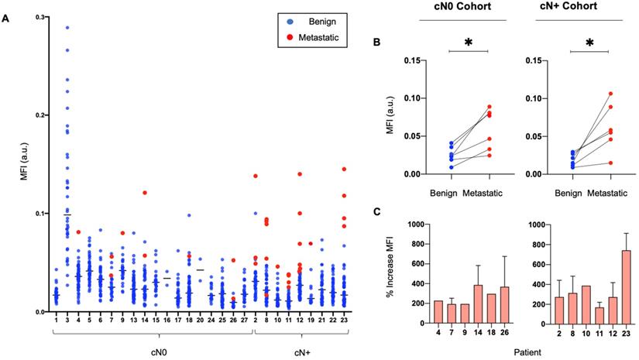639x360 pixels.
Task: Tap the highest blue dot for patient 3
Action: pos(67,27)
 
